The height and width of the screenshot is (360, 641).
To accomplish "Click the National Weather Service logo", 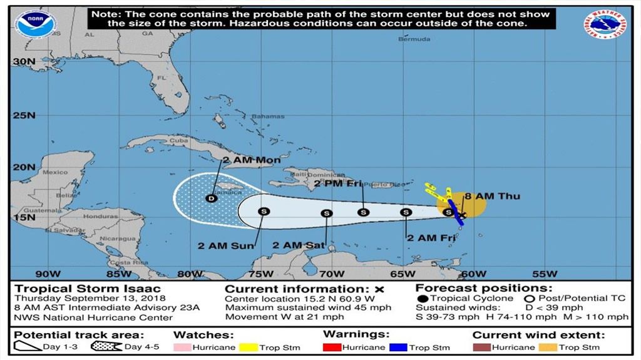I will pos(606,26).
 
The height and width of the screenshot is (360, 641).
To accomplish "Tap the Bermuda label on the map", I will pos(414,39).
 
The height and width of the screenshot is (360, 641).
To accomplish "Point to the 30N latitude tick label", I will pos(23,61).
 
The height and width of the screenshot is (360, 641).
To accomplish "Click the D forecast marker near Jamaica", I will pos(211,198).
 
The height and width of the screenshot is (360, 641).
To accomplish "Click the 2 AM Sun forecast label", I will pos(226,245).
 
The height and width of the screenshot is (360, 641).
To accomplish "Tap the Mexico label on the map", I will pos(55,172).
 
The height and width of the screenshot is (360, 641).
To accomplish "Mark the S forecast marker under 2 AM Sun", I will pos(263,211).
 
